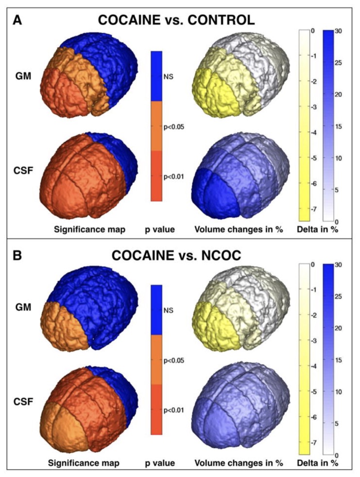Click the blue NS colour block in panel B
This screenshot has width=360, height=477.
[x=156, y=310]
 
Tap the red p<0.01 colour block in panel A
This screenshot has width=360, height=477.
[x=156, y=176]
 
